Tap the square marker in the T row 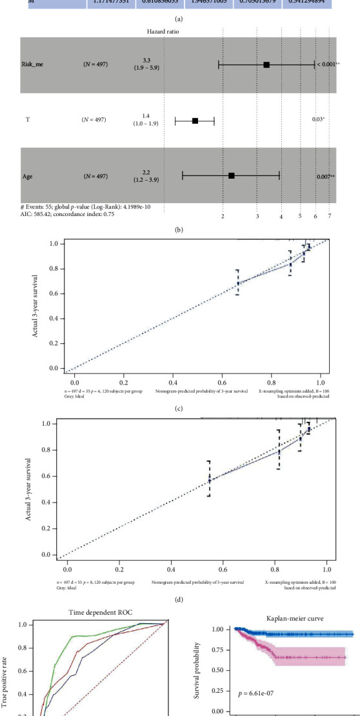[x=195, y=120]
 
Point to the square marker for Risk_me [x=266, y=65]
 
